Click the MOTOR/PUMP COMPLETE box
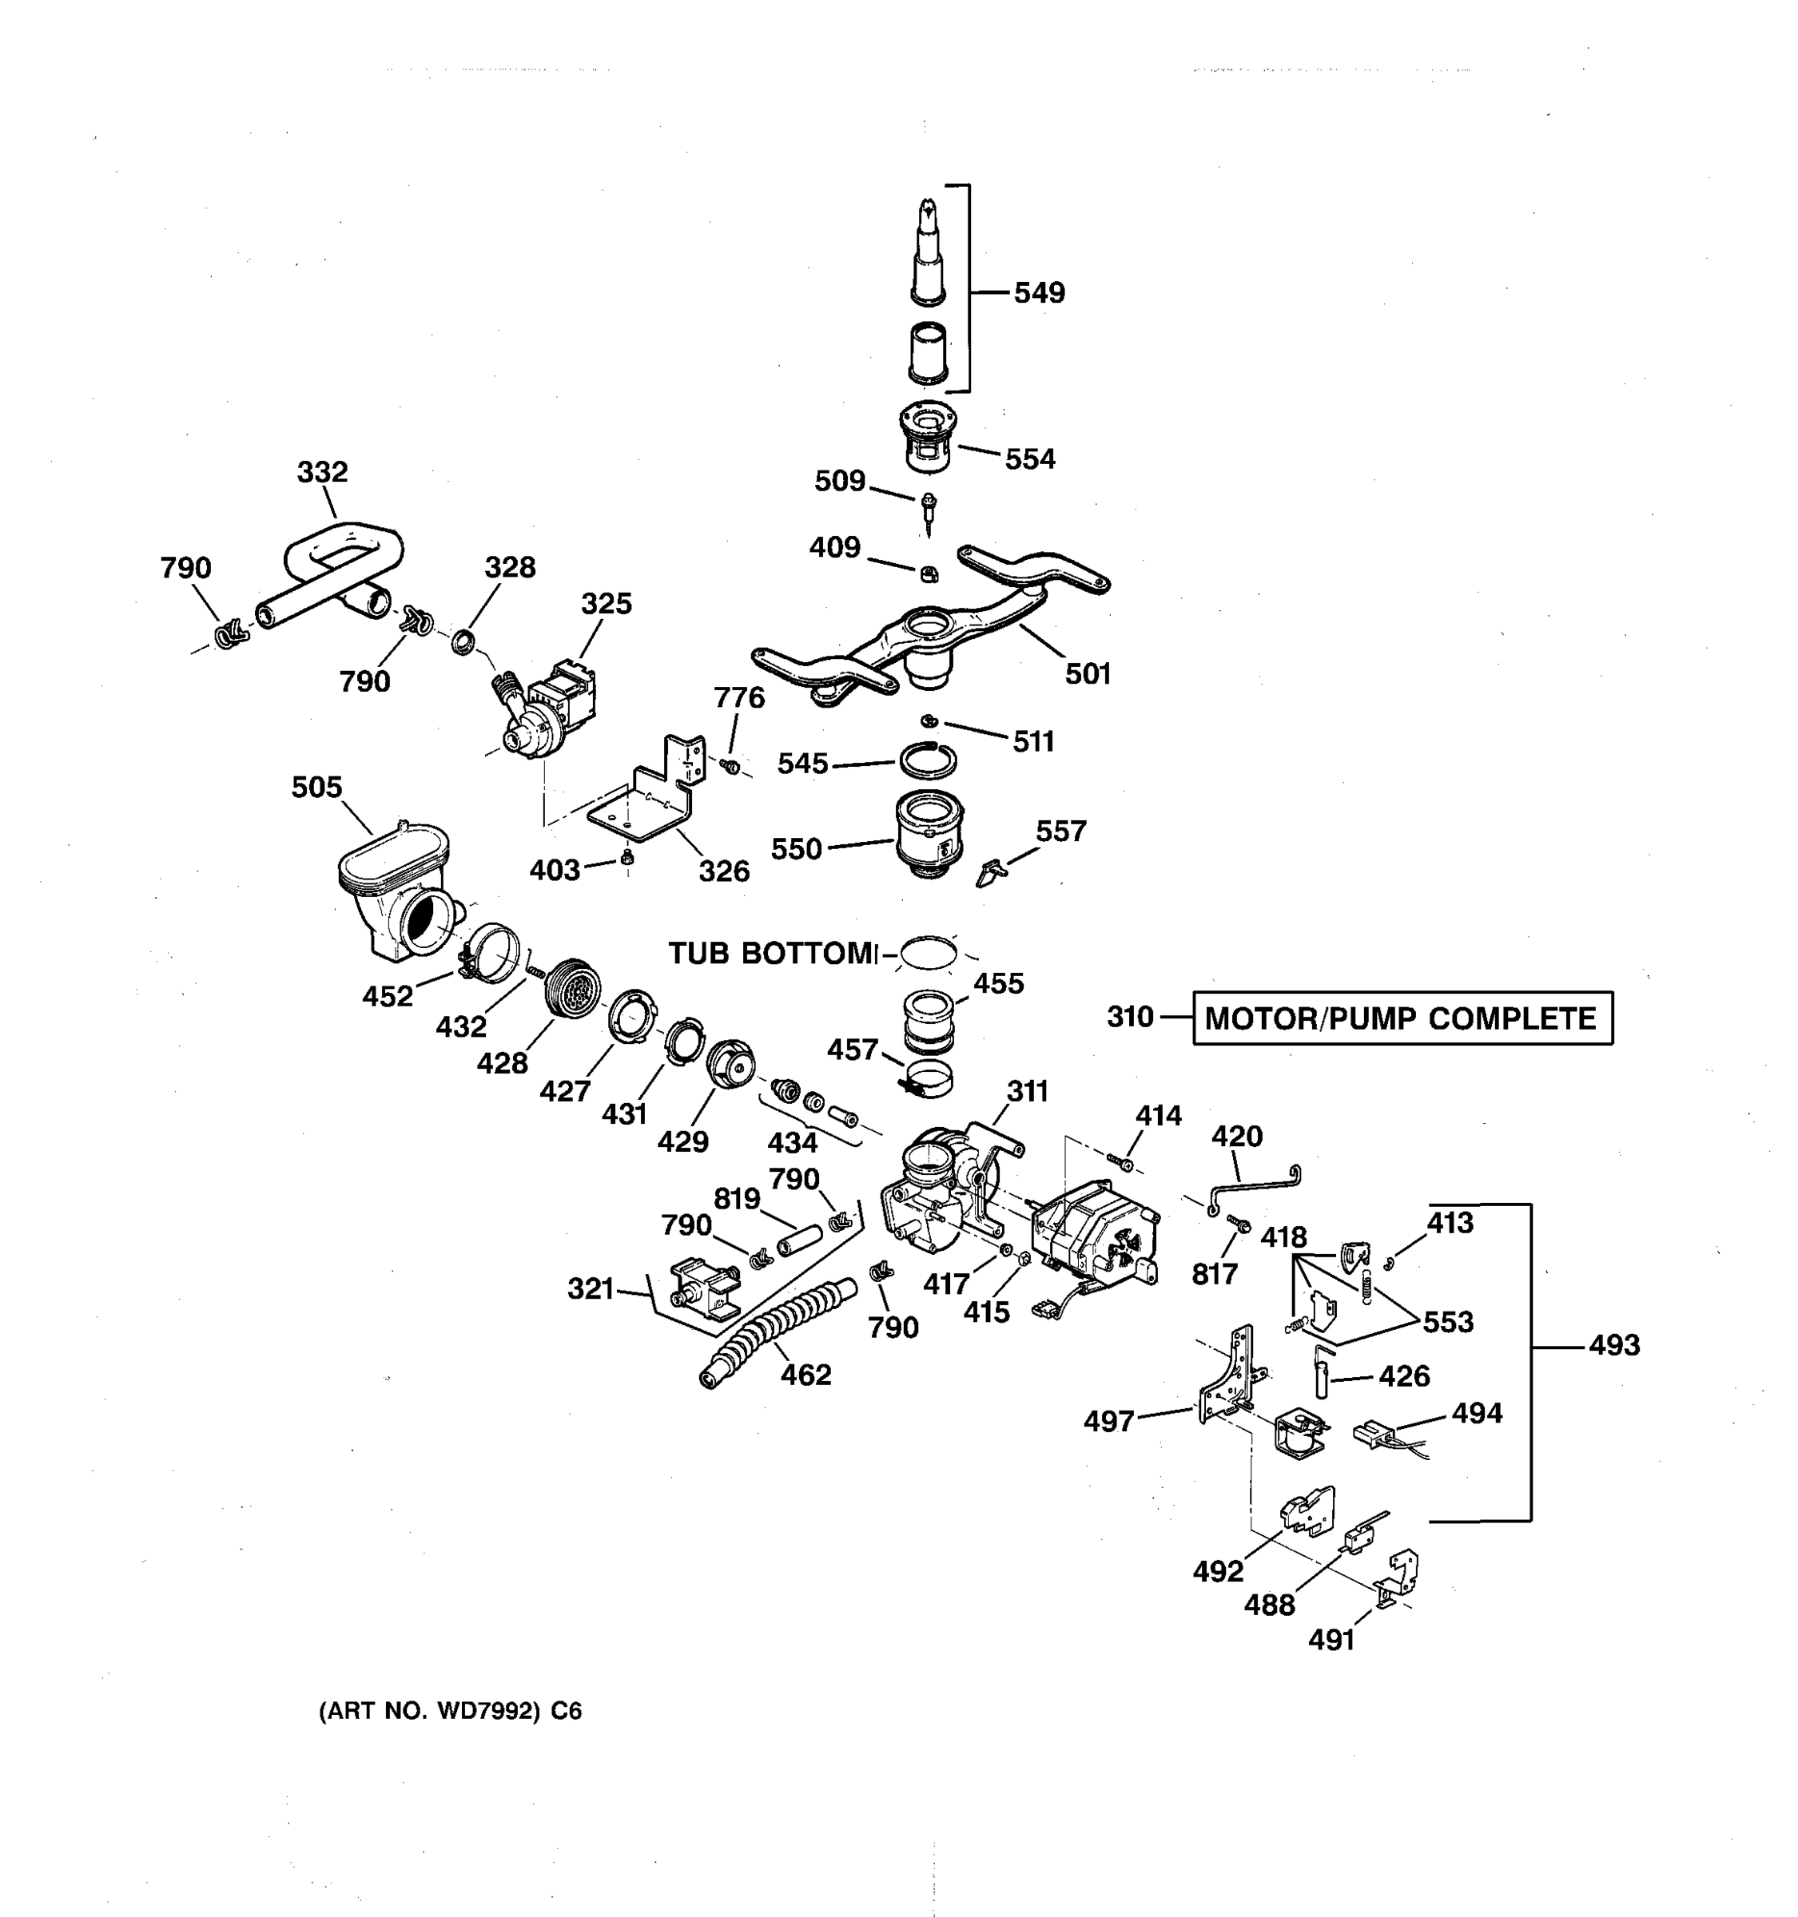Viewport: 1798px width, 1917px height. (x=1402, y=1018)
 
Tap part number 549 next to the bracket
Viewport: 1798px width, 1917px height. (x=1039, y=292)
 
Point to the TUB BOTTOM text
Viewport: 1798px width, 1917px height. (x=772, y=954)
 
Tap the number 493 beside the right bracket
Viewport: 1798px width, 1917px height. (x=1613, y=1344)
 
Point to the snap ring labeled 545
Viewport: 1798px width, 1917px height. (x=928, y=760)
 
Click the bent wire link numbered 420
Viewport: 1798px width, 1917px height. (x=1254, y=1186)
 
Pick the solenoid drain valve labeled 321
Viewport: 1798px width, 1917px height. (x=704, y=1288)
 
